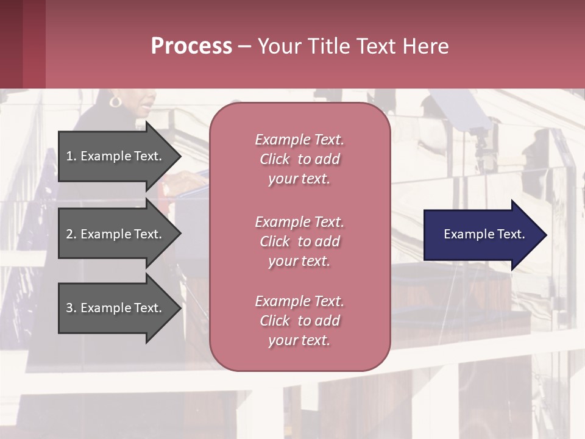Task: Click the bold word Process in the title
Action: [191, 46]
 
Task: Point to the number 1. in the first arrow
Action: [71, 156]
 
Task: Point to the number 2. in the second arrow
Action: [71, 234]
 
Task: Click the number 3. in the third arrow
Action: [71, 308]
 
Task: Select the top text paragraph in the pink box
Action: [299, 159]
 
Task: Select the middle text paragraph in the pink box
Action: [299, 241]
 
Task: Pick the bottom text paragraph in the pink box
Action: [299, 321]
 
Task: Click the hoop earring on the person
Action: [115, 101]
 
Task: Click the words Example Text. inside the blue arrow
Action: [484, 234]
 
